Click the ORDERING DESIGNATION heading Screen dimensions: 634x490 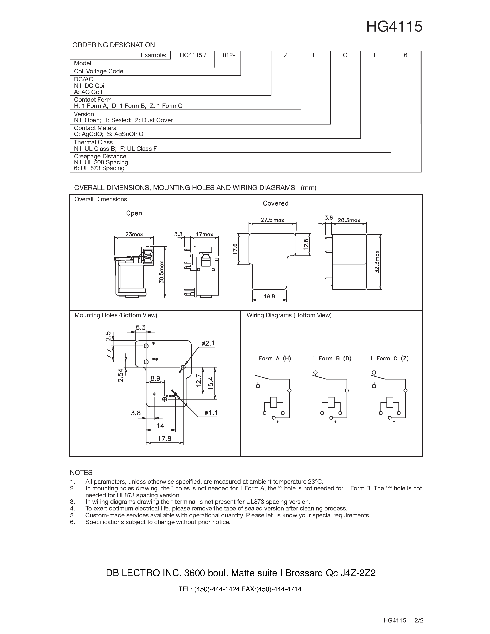[113, 45]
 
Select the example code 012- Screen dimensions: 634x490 [229, 55]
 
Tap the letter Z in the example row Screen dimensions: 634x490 [286, 55]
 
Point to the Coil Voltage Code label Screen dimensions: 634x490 [98, 71]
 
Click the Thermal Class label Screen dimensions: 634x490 [93, 142]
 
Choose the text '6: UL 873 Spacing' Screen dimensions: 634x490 [99, 168]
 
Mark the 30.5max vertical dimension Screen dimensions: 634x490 [162, 272]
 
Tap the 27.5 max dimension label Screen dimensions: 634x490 [272, 220]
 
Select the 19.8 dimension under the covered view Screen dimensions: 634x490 [269, 296]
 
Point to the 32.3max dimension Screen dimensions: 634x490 [377, 261]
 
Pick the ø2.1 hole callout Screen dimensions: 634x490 [208, 344]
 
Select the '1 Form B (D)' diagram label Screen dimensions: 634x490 [332, 358]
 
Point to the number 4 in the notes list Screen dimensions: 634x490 [73, 508]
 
